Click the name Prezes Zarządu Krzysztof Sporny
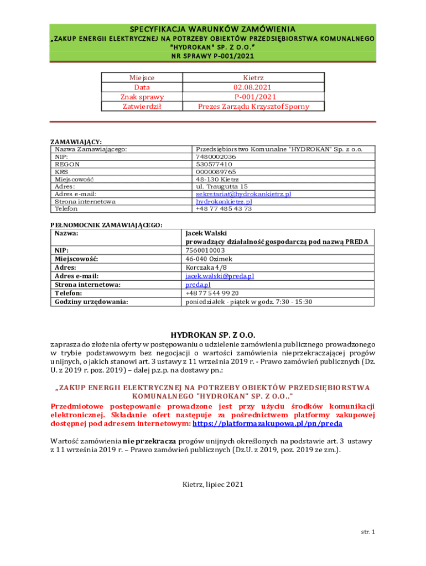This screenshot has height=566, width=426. tap(253, 106)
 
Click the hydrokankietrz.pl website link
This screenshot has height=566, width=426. tap(224, 202)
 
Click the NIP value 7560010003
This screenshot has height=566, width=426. tap(205, 250)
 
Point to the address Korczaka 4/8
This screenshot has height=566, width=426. tap(206, 268)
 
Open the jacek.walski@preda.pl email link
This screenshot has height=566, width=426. tap(220, 276)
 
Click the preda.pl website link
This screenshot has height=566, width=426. tap(198, 285)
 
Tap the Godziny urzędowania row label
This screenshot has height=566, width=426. tap(91, 302)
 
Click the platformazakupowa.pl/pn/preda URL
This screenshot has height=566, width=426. tap(267, 423)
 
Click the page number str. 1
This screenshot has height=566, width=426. tap(368, 532)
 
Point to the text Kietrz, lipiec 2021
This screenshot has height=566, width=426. tap(213, 485)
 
